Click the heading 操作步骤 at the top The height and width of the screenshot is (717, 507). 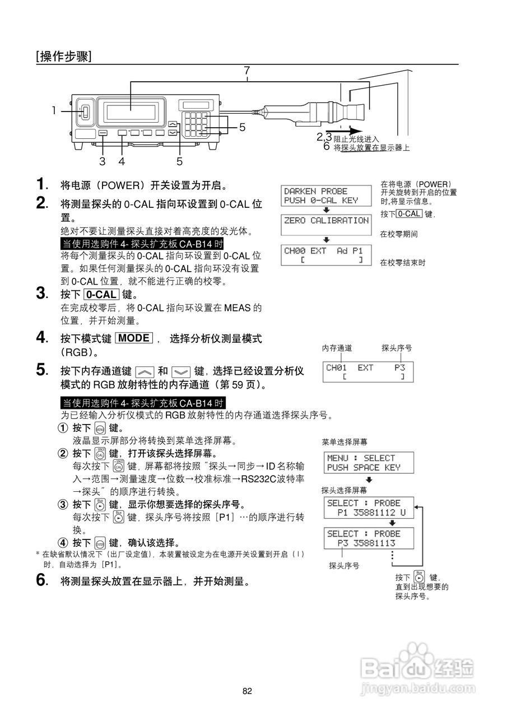click(x=63, y=56)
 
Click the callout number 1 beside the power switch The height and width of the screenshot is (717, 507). click(x=54, y=111)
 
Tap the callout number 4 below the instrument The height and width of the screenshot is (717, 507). click(x=122, y=161)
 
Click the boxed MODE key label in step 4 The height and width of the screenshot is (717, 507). click(x=133, y=338)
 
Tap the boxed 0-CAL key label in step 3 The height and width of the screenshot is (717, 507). click(x=101, y=294)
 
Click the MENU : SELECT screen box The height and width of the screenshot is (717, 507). click(x=369, y=463)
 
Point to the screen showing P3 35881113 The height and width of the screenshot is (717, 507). click(x=369, y=538)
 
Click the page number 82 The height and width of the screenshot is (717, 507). click(x=247, y=691)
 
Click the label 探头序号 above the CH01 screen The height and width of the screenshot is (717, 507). click(x=397, y=348)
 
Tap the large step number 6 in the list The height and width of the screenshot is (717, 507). click(x=41, y=581)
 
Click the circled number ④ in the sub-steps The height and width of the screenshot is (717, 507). click(x=63, y=543)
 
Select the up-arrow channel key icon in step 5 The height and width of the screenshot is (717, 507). click(x=145, y=371)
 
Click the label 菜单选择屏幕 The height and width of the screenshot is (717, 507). click(x=345, y=442)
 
